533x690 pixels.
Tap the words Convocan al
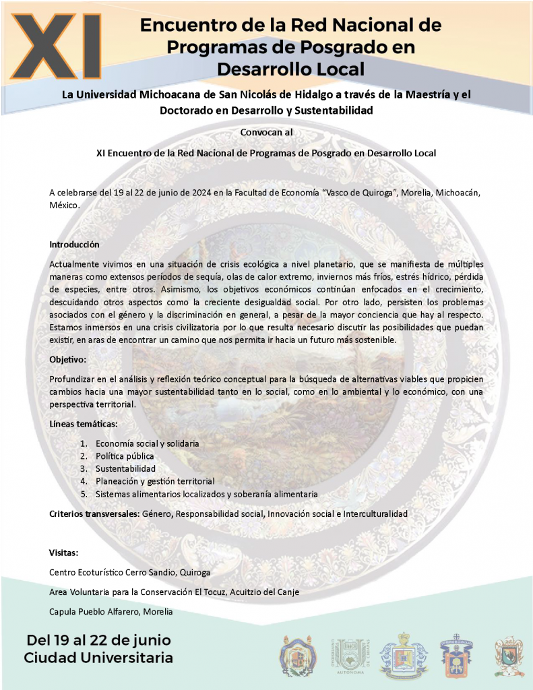point(266,131)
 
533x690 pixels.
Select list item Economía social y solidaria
point(147,443)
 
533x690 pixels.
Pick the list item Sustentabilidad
point(125,468)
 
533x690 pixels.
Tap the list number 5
point(84,494)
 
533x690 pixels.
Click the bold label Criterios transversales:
point(94,513)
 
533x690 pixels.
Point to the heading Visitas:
point(64,553)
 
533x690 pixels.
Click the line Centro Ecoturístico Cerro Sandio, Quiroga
point(130,572)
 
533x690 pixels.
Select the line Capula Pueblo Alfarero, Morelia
point(111,611)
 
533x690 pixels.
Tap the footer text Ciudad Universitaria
point(98,657)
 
